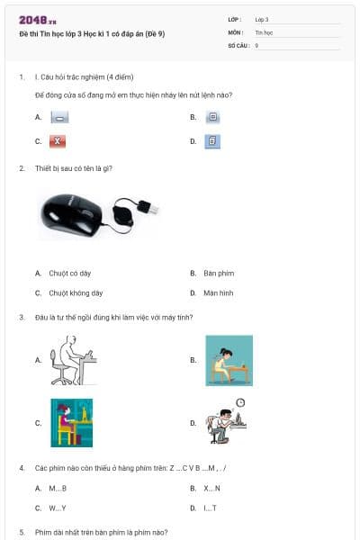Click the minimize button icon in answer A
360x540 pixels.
pos(59,118)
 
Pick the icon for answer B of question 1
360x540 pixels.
pos(213,117)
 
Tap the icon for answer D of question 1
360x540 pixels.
pos(213,141)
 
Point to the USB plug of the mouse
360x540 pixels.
pos(152,208)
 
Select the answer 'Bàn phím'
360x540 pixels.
pos(219,273)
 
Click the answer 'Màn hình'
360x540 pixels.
pos(219,292)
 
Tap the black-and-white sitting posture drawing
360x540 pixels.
pos(72,360)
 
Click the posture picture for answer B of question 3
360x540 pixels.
pos(229,360)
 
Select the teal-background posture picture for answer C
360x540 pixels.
pos(72,422)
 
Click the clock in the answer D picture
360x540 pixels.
pos(240,402)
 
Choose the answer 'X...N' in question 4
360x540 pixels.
pos(212,488)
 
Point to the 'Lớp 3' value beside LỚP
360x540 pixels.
pos(262,19)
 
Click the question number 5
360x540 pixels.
pos(22,532)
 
